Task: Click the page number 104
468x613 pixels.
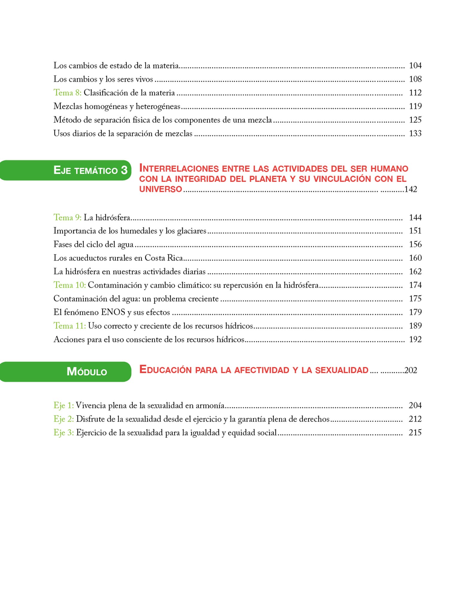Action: [415, 66]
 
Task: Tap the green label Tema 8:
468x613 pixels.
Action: [67, 93]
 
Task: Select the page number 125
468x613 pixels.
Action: [415, 120]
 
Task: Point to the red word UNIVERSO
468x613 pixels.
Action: [161, 189]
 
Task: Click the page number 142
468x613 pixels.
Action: [411, 189]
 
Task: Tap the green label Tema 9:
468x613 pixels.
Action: [67, 218]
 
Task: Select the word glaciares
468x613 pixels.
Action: [192, 231]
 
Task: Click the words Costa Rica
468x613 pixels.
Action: [164, 258]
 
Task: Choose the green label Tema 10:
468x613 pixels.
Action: [69, 285]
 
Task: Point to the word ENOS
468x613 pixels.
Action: [113, 312]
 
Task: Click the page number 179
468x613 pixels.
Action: [415, 312]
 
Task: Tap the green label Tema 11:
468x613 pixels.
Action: [69, 326]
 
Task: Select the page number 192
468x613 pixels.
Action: [415, 339]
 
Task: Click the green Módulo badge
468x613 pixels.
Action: [87, 372]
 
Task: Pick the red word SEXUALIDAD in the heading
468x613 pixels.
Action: [342, 370]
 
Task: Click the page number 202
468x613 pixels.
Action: [411, 371]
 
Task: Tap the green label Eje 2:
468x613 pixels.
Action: [63, 419]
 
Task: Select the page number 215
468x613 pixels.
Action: [415, 433]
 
